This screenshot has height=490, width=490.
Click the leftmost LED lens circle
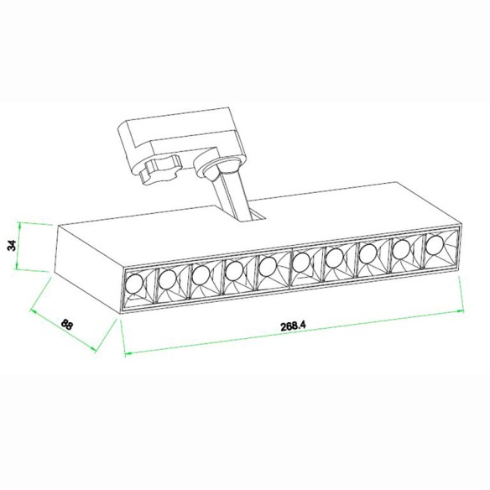click(133, 283)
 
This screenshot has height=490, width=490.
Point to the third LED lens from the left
click(201, 274)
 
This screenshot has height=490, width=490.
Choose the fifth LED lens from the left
click(268, 266)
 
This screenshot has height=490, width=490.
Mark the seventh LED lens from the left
click(334, 258)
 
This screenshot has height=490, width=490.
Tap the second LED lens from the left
click(167, 278)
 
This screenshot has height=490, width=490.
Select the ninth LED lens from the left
click(400, 249)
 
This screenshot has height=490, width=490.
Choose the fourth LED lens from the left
click(234, 269)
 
